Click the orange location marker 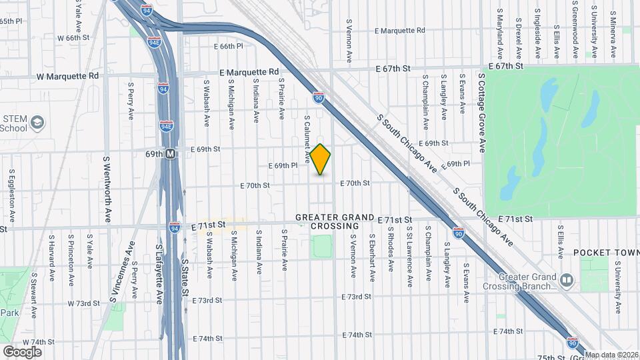click(321, 159)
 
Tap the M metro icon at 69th click(171, 154)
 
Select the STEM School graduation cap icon click(39, 123)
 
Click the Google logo click(22, 351)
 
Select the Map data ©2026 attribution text click(611, 354)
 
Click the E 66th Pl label click(228, 47)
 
